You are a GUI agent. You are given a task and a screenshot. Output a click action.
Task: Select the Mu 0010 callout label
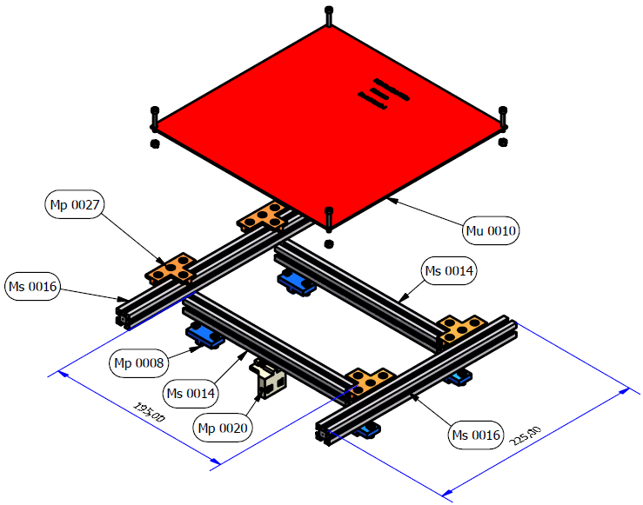tap(491, 230)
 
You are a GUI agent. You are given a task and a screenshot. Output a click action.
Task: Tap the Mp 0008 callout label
tap(139, 362)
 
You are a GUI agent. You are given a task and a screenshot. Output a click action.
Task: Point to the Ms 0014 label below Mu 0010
tap(449, 271)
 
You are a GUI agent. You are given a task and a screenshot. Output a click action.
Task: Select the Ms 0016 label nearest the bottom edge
tap(476, 435)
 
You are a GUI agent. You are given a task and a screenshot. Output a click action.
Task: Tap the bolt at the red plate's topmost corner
tap(328, 15)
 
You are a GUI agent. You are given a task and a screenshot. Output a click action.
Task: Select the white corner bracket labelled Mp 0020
tap(269, 380)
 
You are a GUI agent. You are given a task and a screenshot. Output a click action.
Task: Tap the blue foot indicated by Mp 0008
tap(204, 334)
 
